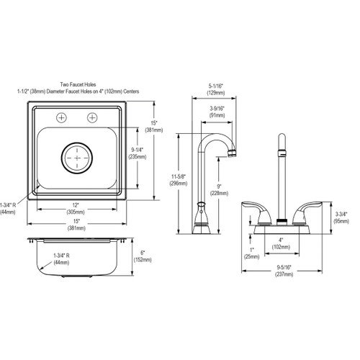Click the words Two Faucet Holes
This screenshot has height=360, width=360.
78,85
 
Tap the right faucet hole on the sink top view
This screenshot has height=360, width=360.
92,117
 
